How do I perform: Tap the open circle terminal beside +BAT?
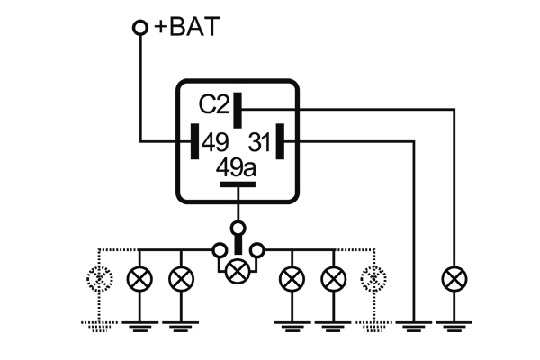pyautogui.click(x=139, y=28)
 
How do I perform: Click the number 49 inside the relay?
pyautogui.click(x=215, y=141)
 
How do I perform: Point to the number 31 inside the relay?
pyautogui.click(x=259, y=141)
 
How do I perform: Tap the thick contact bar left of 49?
pyautogui.click(x=193, y=141)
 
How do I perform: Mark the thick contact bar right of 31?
pyautogui.click(x=281, y=141)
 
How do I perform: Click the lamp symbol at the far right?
pyautogui.click(x=452, y=279)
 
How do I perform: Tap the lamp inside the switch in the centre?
pyautogui.click(x=238, y=268)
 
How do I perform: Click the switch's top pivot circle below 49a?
pyautogui.click(x=238, y=227)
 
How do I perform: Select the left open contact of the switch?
pyautogui.click(x=220, y=249)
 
